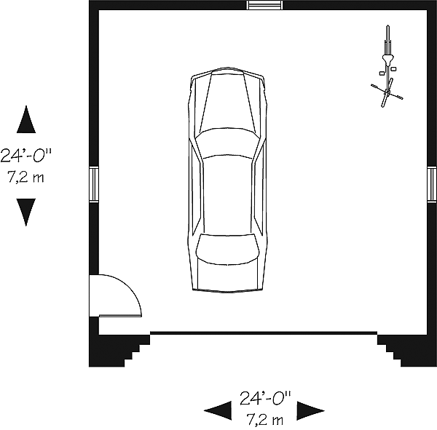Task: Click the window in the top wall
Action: [x=264, y=5]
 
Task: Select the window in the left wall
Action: [x=94, y=184]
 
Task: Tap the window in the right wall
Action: [x=432, y=184]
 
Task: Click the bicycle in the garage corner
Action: [x=387, y=66]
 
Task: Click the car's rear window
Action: [x=227, y=250]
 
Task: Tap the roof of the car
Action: [x=228, y=195]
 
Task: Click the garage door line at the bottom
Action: [x=264, y=333]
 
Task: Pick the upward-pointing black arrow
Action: [x=26, y=119]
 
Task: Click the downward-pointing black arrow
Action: [x=26, y=212]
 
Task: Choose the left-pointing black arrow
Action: [x=218, y=410]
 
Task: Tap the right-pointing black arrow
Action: [x=310, y=410]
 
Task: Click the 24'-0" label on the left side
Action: [x=26, y=155]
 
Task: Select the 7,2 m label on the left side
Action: [x=25, y=177]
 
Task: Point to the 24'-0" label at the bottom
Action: [x=265, y=398]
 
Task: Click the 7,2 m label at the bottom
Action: [x=265, y=420]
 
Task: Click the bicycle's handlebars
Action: [x=387, y=92]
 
